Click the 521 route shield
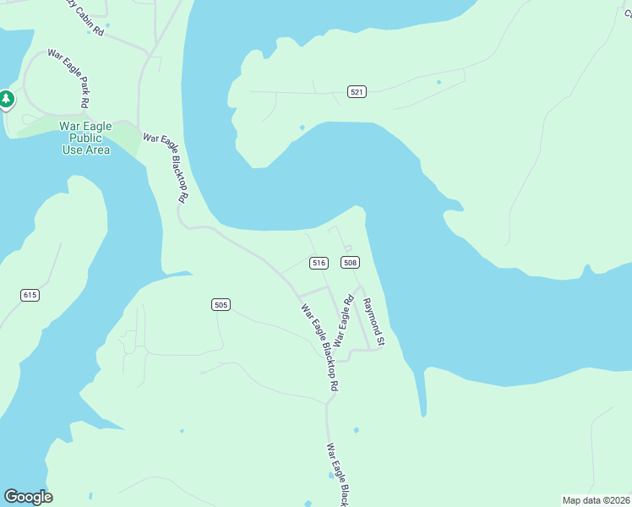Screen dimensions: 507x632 click(x=357, y=91)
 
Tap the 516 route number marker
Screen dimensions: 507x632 click(x=319, y=263)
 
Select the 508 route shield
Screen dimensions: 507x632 click(x=350, y=263)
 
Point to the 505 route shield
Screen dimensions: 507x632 click(x=221, y=304)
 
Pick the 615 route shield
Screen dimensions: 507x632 click(x=30, y=295)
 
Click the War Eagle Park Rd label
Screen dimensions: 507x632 click(x=68, y=79)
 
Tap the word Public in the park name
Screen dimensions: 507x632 click(x=85, y=138)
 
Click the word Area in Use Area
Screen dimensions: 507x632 click(x=97, y=150)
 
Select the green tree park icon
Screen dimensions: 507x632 click(x=7, y=100)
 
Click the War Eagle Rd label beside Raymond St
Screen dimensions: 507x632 click(x=342, y=320)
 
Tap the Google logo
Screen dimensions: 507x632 click(x=28, y=497)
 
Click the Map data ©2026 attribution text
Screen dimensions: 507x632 click(x=595, y=500)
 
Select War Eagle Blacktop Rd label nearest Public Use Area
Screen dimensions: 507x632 click(x=166, y=166)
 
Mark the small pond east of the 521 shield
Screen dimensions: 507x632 click(x=439, y=82)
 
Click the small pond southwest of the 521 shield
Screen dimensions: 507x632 click(x=302, y=128)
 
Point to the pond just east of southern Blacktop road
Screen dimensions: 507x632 click(x=356, y=430)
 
